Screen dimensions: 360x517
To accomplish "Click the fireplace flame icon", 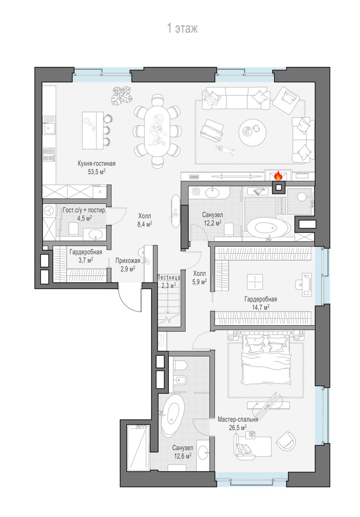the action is [x=278, y=176].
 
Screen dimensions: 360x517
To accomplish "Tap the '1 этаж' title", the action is [x=182, y=28].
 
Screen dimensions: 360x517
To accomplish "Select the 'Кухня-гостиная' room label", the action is [x=96, y=164].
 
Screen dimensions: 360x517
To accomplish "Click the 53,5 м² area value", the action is [x=96, y=172].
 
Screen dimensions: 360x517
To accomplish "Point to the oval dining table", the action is [x=157, y=131].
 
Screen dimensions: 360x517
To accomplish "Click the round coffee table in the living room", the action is [x=252, y=132].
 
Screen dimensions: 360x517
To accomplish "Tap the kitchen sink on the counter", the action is [x=49, y=129].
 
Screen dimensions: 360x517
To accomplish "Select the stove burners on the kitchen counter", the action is [x=49, y=154].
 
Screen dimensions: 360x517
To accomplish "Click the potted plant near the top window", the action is [x=122, y=95].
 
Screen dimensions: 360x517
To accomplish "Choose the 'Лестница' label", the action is [x=168, y=277].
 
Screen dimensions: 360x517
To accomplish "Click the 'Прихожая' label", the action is [x=127, y=261].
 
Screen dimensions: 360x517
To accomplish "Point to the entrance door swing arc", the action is [x=127, y=304].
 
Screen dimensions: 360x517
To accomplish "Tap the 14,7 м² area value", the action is [x=260, y=307].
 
